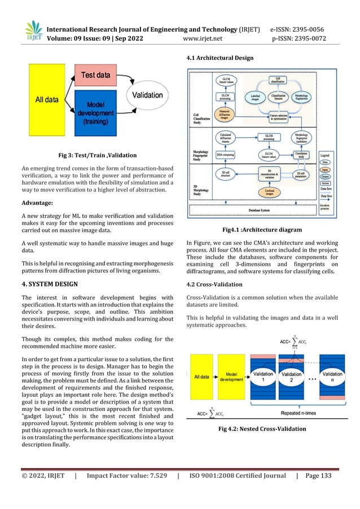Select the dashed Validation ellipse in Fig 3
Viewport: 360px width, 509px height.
147,95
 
